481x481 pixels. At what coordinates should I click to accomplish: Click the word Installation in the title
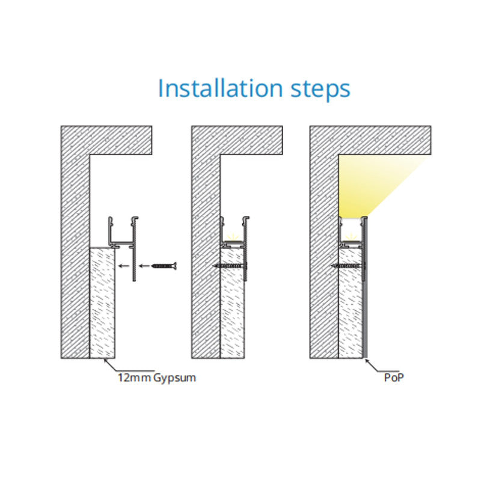[x=220, y=88]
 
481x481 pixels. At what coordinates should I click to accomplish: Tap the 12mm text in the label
[x=134, y=378]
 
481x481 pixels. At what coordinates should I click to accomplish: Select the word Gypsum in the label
[x=174, y=378]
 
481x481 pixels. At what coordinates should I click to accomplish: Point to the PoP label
[x=394, y=378]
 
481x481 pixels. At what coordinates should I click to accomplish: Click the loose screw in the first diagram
[x=165, y=266]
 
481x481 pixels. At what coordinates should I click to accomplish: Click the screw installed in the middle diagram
[x=230, y=266]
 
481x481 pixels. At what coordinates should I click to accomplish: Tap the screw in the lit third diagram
[x=349, y=266]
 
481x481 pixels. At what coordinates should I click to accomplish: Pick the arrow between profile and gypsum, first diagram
[x=124, y=266]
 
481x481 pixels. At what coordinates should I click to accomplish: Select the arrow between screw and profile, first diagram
[x=144, y=266]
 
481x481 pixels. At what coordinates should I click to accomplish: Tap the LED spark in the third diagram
[x=352, y=237]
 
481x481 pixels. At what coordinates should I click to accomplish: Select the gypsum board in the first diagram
[x=102, y=303]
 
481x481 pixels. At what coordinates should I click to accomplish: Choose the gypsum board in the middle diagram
[x=233, y=303]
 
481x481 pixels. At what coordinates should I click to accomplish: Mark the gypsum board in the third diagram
[x=351, y=303]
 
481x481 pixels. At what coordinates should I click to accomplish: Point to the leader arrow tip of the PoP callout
[x=365, y=359]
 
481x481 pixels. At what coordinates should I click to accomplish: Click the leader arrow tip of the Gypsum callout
[x=104, y=359]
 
